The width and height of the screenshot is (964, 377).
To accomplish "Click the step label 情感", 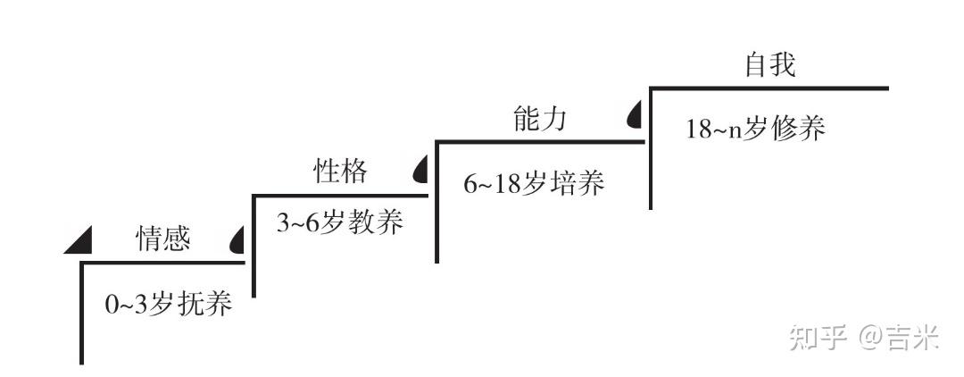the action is [x=162, y=239].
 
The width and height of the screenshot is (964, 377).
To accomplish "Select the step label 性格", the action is [x=340, y=171].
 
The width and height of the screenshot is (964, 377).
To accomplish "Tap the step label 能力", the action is [x=539, y=119].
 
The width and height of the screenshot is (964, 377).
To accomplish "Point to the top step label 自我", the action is [x=769, y=65].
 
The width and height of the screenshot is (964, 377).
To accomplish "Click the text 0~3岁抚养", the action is [x=169, y=305].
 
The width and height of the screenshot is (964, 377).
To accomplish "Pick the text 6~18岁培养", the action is [x=534, y=184].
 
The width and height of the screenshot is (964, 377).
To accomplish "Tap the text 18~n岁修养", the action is [x=755, y=129].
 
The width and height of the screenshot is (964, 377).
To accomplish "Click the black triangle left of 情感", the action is [x=79, y=239].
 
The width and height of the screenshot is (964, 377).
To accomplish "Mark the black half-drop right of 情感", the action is [x=238, y=239].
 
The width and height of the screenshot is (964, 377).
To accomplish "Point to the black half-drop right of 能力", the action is [x=635, y=114].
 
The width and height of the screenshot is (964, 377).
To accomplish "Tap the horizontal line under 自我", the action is [x=769, y=88].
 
